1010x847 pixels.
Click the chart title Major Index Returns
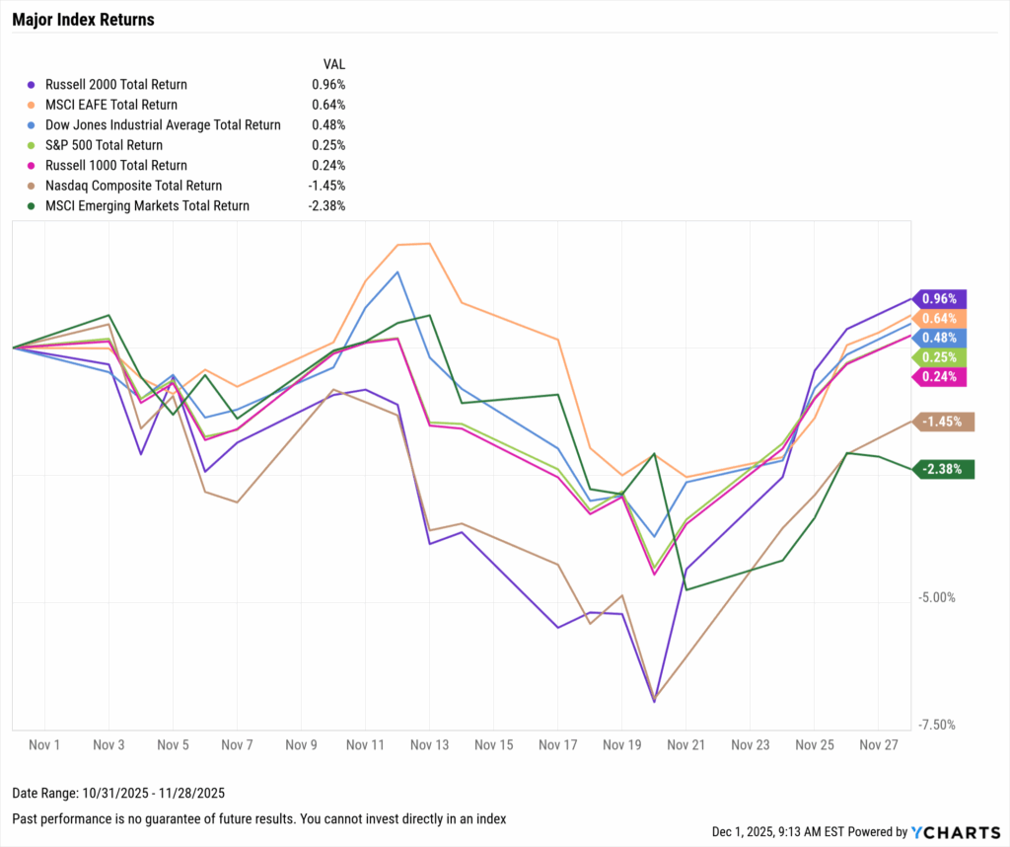pyautogui.click(x=83, y=20)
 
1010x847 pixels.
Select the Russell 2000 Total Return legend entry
pyautogui.click(x=115, y=85)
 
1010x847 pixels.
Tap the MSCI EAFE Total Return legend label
pyautogui.click(x=110, y=105)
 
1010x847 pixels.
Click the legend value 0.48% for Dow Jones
pyautogui.click(x=328, y=125)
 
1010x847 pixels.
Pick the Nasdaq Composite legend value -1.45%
pyautogui.click(x=326, y=186)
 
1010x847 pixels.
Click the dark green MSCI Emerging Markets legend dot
pyautogui.click(x=35, y=206)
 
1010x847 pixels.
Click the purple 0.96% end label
pyautogui.click(x=941, y=298)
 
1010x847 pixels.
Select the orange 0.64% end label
pyautogui.click(x=941, y=318)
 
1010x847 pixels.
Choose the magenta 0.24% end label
pyautogui.click(x=941, y=376)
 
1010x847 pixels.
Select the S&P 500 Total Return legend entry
pyautogui.click(x=104, y=145)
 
